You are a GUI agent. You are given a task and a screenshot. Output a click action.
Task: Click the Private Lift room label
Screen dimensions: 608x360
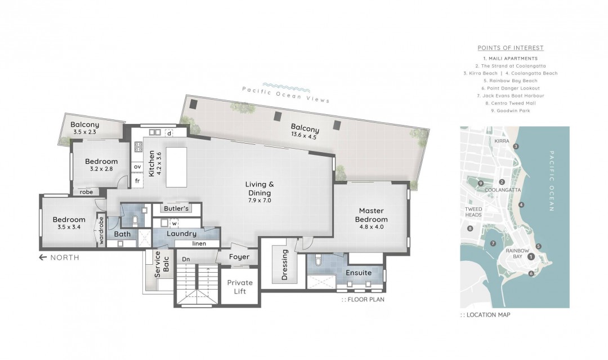tap(240, 287)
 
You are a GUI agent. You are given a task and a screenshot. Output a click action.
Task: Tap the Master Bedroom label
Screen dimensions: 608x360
tap(371, 215)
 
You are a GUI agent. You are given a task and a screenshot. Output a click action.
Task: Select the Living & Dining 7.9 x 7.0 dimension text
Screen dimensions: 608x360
tap(260, 201)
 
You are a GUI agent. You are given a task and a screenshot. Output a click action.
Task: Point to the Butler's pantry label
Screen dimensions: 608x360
tap(176, 208)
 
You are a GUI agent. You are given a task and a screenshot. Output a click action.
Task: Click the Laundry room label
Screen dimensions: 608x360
tap(181, 234)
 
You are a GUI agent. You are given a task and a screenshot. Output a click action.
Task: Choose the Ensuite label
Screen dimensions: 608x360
tap(359, 273)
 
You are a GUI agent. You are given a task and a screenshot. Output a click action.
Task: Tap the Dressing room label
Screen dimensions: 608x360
tap(285, 265)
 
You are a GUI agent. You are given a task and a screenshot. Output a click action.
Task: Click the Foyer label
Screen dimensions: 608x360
tap(239, 257)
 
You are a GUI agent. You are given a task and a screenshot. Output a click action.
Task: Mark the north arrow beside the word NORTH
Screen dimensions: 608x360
tap(43, 257)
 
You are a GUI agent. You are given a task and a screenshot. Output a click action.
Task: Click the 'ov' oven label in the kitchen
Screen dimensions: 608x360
tap(137, 167)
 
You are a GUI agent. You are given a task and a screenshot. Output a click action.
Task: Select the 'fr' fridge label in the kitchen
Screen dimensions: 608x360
tap(137, 181)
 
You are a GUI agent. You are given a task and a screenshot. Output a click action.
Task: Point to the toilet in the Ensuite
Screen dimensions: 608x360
tap(318, 260)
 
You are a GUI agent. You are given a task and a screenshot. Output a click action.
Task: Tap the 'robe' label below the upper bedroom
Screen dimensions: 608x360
tap(87, 192)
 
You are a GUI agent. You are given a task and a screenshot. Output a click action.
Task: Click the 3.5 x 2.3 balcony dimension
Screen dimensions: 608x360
tap(84, 132)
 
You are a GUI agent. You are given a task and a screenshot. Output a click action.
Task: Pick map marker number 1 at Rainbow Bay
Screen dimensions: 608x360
tap(531, 256)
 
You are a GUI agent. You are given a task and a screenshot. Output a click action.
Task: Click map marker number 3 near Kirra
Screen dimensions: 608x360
tap(516, 146)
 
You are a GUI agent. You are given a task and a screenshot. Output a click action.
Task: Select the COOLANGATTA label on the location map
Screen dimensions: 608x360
tap(503, 190)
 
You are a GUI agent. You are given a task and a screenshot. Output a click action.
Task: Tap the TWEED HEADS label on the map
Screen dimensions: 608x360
tap(473, 212)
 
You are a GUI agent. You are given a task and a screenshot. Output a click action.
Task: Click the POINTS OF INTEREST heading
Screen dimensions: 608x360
tap(510, 48)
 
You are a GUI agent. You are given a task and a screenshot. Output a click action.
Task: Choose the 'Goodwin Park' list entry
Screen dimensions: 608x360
tap(510, 110)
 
